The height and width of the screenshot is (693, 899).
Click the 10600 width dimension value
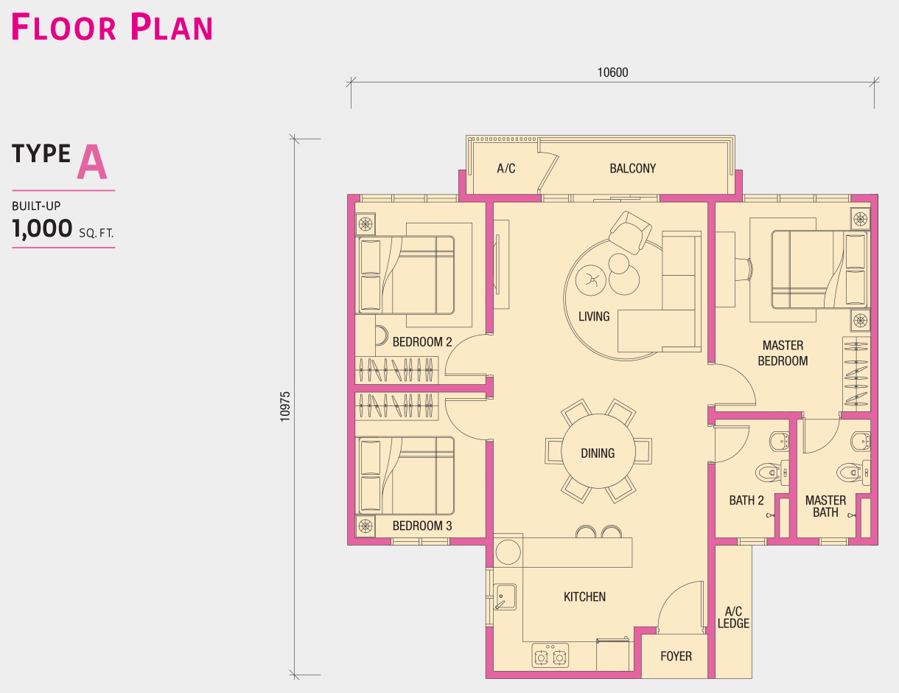[x=612, y=72]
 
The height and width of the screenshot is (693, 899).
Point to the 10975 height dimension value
[x=285, y=407]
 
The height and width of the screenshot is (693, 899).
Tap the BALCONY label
[x=632, y=168]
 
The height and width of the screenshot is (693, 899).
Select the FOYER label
[x=676, y=656]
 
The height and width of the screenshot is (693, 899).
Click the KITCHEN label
[x=584, y=596]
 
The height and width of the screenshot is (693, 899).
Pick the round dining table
[x=598, y=451]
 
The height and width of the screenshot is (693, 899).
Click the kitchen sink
[x=505, y=596]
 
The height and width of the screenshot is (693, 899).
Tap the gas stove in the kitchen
[x=550, y=655]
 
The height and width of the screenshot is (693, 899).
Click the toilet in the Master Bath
[x=853, y=472]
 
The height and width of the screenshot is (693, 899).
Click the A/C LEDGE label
[x=733, y=617]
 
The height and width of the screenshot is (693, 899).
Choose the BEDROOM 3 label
[x=422, y=526]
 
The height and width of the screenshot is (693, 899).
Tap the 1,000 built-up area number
[x=42, y=229]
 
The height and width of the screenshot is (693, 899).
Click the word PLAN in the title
[x=172, y=27]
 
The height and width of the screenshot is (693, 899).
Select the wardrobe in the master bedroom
[x=856, y=375]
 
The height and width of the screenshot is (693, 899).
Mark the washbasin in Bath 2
[x=779, y=442]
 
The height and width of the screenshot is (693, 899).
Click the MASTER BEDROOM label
[x=783, y=353]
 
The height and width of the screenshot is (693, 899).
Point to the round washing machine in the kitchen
[x=508, y=552]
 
